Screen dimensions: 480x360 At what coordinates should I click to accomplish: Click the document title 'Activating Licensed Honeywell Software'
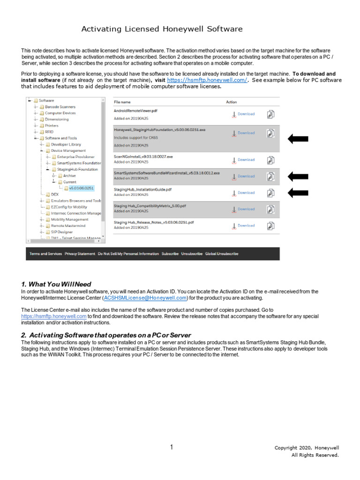point(162,29)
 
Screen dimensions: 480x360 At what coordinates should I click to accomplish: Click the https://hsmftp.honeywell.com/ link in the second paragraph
point(207,80)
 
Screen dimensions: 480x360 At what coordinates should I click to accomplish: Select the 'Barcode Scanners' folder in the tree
point(60,107)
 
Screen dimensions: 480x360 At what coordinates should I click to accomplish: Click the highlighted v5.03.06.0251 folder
point(82,188)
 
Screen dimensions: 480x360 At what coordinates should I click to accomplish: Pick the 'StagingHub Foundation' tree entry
point(77,169)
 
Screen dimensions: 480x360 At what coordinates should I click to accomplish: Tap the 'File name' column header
point(122,102)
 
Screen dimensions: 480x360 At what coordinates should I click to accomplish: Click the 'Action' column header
point(232,102)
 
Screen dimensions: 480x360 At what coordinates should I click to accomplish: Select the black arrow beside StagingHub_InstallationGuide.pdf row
point(298,193)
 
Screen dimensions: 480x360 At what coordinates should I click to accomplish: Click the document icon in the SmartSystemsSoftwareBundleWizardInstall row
point(271,177)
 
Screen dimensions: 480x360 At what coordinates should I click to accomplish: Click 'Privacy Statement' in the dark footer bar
point(80,254)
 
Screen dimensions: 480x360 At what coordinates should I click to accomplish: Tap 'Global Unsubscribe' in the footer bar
point(222,254)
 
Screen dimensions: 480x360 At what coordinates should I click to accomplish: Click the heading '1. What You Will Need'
point(56,284)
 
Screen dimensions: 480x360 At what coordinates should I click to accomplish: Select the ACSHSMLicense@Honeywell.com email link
point(145,298)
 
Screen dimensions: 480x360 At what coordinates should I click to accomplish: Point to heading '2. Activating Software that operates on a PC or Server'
point(106,335)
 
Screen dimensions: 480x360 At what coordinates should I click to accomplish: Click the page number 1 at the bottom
point(172,447)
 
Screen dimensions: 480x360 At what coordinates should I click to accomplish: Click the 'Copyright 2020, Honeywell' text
point(307,448)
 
